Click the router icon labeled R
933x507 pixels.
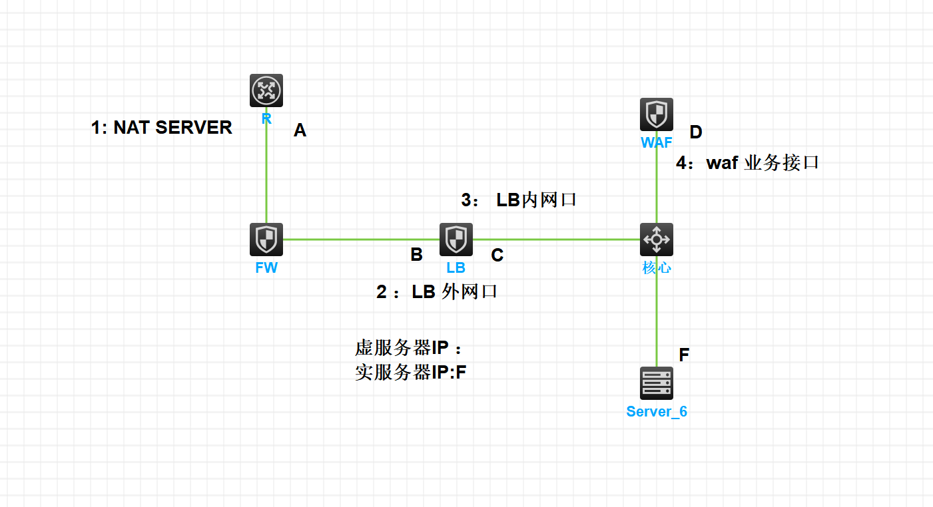[266, 90]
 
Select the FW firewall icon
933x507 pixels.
[266, 240]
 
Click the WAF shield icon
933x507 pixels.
[657, 114]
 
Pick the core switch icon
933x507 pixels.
[657, 240]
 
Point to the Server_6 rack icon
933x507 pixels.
[657, 383]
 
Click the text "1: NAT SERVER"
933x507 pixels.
[162, 128]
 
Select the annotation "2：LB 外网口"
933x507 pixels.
[437, 292]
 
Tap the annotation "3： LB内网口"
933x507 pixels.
[519, 200]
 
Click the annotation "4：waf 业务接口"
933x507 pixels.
[747, 163]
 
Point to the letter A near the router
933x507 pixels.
[300, 131]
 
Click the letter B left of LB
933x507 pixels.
[416, 255]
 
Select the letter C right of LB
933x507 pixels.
[497, 255]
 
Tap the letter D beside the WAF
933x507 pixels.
[695, 132]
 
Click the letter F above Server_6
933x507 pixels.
[684, 355]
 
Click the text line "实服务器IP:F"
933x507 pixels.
[411, 373]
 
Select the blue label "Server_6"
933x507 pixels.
[657, 412]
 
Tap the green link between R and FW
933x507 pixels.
[266, 173]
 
